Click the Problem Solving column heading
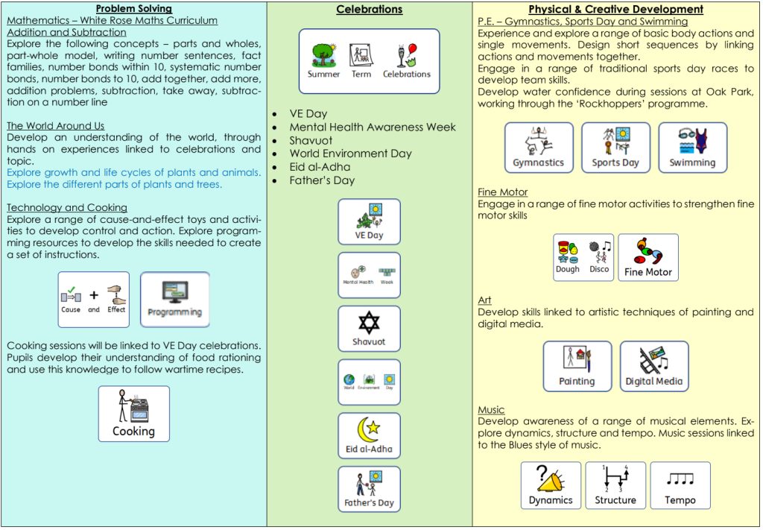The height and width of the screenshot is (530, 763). point(134,9)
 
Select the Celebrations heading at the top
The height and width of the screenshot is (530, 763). point(369,10)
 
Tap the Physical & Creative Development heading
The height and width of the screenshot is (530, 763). point(615,10)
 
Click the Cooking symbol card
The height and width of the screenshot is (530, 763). point(134,414)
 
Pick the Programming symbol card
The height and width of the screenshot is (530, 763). point(175,299)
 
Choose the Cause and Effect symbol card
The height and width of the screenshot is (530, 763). point(94,299)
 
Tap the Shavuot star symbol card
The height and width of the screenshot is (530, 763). point(369,329)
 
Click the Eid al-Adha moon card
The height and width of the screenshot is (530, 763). point(369,436)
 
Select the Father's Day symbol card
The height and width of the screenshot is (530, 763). point(369,489)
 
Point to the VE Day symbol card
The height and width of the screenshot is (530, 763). point(369,221)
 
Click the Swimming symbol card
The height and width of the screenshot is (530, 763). point(692,148)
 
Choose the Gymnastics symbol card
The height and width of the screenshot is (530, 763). point(539,148)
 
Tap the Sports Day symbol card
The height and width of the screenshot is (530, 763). point(615,148)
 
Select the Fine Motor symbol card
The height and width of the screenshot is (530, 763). point(648,257)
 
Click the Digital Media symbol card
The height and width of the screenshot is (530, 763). point(653,367)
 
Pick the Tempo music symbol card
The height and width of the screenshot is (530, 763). point(680,485)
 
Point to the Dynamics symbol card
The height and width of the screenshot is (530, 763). point(551,485)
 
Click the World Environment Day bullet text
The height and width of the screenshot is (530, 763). point(350,154)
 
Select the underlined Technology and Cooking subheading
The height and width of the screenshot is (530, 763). point(67,207)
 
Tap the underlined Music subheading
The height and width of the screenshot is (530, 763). point(491,410)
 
